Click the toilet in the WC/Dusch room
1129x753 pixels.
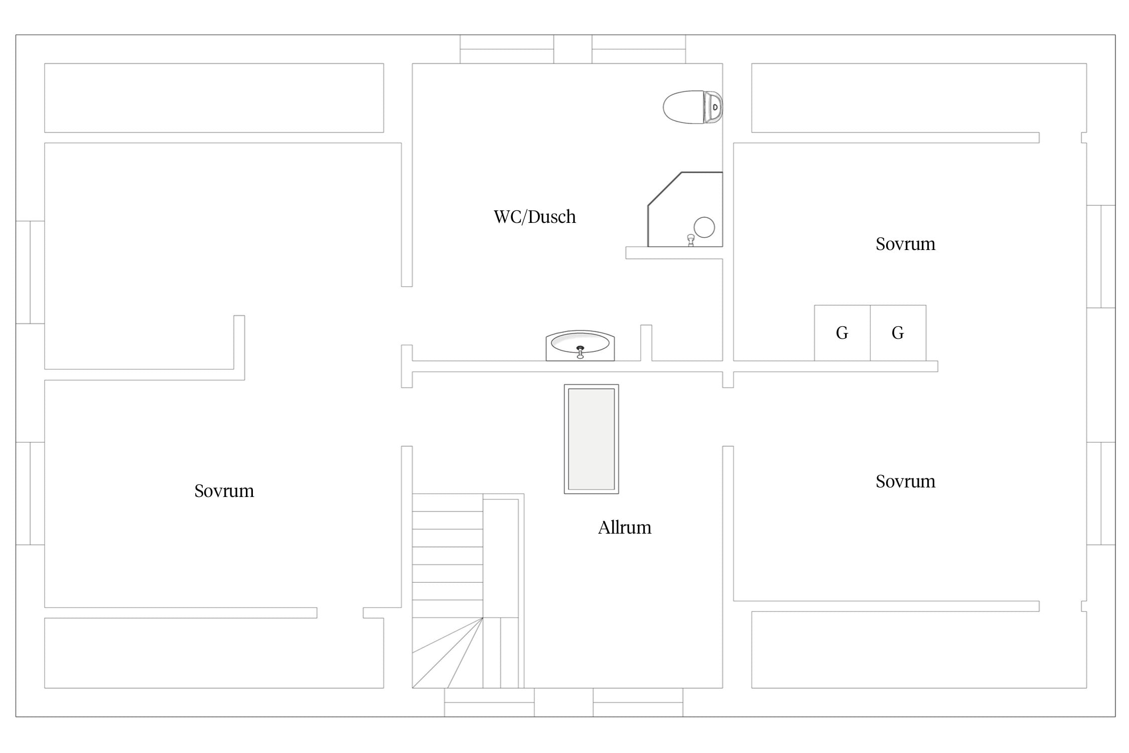692,107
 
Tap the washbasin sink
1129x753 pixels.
580,345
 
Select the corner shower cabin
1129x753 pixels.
685,209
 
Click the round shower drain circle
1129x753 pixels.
704,227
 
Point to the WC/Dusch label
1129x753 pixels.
535,217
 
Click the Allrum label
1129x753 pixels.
625,528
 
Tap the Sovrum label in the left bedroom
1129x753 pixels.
224,491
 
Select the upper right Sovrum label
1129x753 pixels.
906,244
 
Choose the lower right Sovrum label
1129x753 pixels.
906,481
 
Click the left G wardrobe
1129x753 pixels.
842,333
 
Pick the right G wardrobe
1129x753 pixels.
898,333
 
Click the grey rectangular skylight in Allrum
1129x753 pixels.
592,439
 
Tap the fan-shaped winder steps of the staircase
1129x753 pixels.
448,653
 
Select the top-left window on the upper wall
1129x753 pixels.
507,49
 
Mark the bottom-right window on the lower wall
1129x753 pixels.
638,702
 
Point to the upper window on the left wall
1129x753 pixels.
30,272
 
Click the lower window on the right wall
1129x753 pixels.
1101,493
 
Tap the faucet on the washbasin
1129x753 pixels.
581,352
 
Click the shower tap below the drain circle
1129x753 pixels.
691,240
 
